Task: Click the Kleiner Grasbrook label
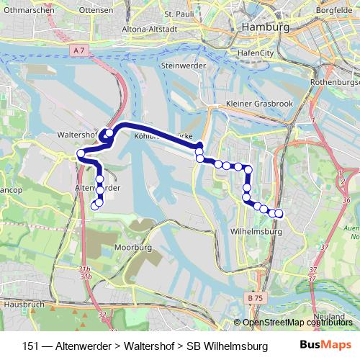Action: (x=259, y=104)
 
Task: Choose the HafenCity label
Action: (x=276, y=53)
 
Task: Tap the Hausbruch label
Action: (x=19, y=305)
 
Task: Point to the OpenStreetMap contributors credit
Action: (x=297, y=323)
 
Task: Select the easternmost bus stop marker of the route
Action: (x=279, y=213)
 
